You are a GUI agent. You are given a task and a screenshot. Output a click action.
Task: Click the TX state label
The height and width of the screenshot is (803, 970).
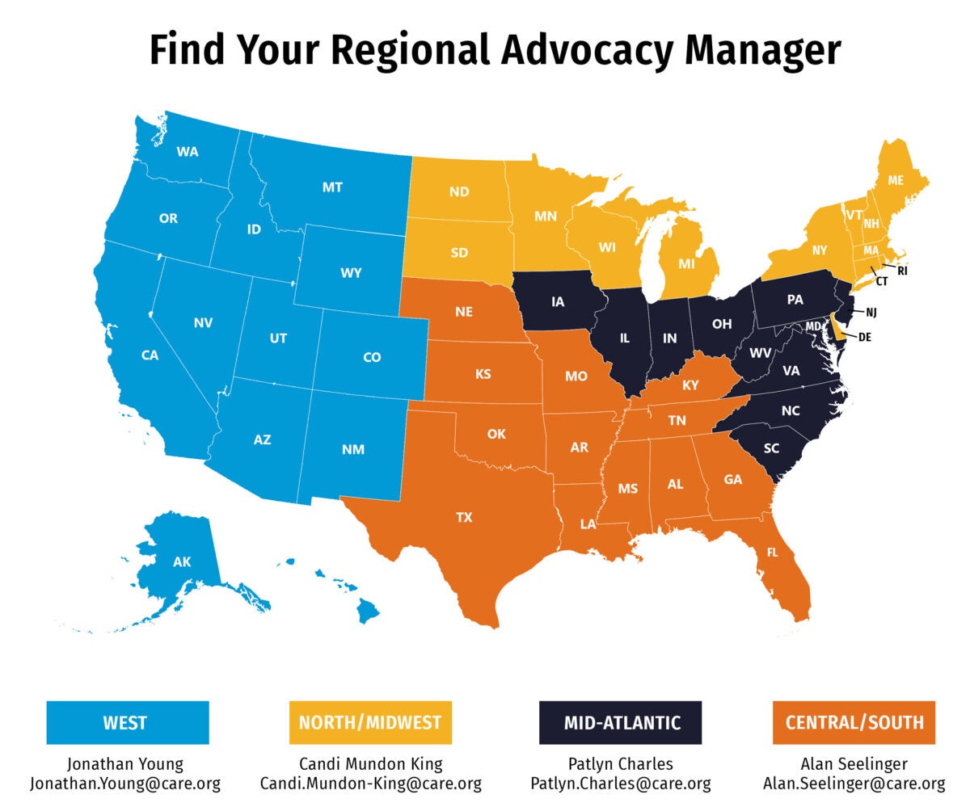click(x=464, y=518)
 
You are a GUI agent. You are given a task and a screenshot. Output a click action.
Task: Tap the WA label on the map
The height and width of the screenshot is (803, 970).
click(x=188, y=152)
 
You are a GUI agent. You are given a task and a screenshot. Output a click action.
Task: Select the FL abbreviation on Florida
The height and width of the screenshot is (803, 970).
click(x=773, y=553)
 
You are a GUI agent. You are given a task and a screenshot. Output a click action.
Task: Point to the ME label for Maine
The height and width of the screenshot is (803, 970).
click(x=896, y=181)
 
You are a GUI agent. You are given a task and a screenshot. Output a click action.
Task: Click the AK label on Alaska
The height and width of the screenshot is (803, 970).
click(x=182, y=561)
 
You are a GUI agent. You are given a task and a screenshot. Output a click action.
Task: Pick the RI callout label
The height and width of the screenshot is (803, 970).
click(x=903, y=271)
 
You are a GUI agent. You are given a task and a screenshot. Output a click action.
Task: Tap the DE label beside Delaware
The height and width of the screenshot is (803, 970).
click(x=864, y=337)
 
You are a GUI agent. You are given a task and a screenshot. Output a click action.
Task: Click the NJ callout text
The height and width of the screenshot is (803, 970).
click(x=871, y=312)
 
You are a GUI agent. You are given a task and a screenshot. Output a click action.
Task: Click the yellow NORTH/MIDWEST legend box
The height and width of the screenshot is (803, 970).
click(x=370, y=721)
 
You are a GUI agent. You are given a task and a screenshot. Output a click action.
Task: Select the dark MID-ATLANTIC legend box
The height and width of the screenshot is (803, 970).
click(x=621, y=721)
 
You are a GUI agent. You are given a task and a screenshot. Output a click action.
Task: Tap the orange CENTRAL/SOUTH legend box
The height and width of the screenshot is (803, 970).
click(x=854, y=721)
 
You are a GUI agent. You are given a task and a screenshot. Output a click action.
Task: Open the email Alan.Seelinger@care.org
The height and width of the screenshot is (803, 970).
click(x=854, y=784)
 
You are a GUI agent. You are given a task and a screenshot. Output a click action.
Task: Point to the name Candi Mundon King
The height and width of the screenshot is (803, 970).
click(x=370, y=763)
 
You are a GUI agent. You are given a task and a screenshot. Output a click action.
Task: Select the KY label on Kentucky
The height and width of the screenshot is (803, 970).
click(x=690, y=385)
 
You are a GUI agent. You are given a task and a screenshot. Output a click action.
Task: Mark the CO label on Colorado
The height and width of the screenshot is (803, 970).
click(x=372, y=357)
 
